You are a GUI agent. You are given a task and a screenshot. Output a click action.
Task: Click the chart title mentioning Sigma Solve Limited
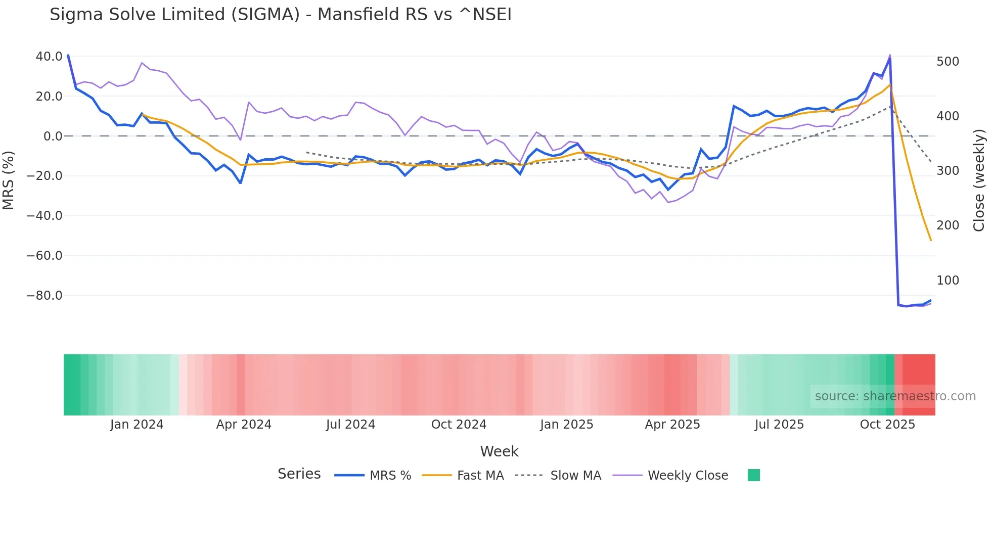pos(281,14)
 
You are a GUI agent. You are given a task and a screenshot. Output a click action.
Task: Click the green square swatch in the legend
pos(753,475)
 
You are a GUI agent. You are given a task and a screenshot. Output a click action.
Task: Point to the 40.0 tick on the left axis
pos(49,57)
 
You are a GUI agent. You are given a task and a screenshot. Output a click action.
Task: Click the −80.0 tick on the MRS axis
pos(44,296)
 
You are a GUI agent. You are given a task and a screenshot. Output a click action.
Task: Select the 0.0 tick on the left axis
pos(53,136)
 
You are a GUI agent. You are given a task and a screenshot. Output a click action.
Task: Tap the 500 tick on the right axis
pos(948,62)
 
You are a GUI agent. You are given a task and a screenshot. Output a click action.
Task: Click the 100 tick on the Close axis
pos(948,281)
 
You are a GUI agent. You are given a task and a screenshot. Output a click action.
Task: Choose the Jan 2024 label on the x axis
pos(137,425)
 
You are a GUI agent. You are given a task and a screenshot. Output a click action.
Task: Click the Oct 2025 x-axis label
pos(887,425)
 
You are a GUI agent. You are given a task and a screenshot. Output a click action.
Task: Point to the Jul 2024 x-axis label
pos(350,425)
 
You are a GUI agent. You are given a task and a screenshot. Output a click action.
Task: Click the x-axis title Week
pos(499,451)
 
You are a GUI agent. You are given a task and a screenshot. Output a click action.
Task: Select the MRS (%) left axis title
pos(9,180)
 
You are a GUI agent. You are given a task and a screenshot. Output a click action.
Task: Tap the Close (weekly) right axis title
pos(979,180)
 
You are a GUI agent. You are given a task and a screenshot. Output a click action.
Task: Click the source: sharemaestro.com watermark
pos(895,396)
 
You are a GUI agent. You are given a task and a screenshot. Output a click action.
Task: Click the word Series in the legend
pos(299,474)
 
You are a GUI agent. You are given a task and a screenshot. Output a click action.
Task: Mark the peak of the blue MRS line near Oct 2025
pos(890,59)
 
